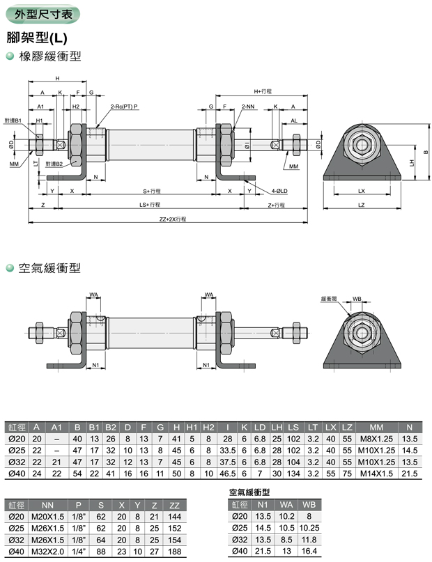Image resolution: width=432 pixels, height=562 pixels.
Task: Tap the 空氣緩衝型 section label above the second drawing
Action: coord(49,268)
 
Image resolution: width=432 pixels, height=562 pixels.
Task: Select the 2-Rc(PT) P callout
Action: coord(124,106)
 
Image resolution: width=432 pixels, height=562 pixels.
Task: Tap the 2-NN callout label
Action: coord(249,106)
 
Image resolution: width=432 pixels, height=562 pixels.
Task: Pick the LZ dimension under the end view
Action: coord(361,205)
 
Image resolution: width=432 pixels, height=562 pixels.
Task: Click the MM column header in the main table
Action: coord(377,427)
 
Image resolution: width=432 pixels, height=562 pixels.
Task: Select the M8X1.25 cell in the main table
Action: coord(377,439)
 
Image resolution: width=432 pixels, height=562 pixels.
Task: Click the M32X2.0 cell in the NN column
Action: coord(47,552)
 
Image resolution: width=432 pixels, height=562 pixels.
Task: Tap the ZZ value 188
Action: coord(174,552)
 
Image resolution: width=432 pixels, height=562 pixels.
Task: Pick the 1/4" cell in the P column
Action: coord(79,552)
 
